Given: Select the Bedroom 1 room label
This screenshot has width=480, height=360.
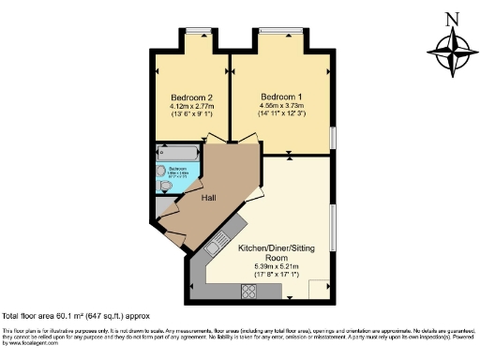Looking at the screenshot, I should pos(281,97).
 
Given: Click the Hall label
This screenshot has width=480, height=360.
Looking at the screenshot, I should pos(210,199).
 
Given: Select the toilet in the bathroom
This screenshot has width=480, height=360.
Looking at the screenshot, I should pos(166,186).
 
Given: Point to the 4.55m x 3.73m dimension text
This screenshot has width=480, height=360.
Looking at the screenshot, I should pos(282,106).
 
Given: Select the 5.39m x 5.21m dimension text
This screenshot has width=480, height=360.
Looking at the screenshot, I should pos(276,267).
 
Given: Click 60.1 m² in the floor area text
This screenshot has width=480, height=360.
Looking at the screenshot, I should pos(68,317).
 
